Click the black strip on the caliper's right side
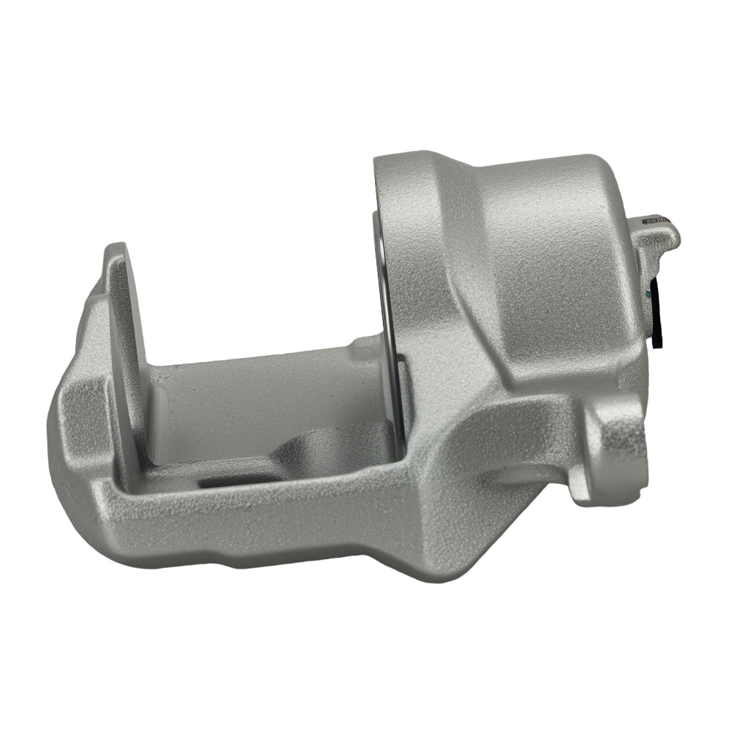pyautogui.click(x=657, y=310)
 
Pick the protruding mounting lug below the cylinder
pyautogui.click(x=614, y=453)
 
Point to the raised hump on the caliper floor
pyautogui.click(x=322, y=446)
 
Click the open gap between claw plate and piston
pyautogui.click(x=256, y=292)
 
